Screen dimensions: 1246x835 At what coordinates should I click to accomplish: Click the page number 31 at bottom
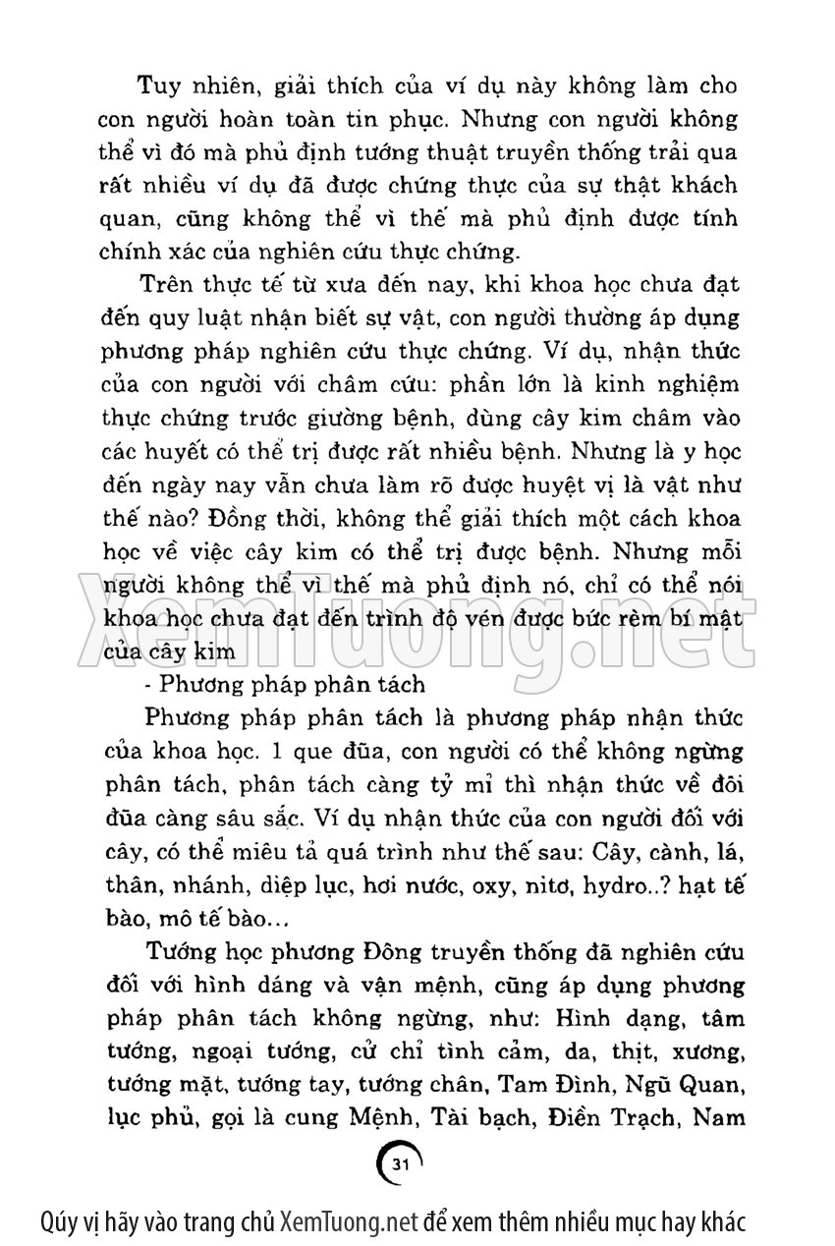[399, 1163]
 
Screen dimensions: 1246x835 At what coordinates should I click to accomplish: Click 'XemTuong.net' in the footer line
[350, 1222]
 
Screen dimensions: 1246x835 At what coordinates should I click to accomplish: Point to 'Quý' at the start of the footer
[61, 1222]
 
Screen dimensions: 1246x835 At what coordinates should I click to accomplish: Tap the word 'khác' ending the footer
[725, 1222]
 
